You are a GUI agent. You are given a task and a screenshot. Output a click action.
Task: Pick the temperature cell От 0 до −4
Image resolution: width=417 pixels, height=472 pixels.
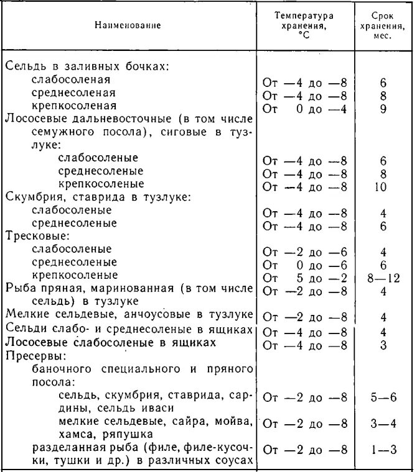pos(305,108)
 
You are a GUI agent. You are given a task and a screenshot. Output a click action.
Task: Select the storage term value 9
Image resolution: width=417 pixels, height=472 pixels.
pos(383,108)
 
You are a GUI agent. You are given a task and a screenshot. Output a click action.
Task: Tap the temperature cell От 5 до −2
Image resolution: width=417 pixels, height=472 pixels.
pos(305,276)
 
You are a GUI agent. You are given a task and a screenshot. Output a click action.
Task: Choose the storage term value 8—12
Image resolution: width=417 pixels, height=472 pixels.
pos(383,276)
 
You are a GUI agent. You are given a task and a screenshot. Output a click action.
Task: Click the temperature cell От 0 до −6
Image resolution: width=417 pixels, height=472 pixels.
pos(305,263)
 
